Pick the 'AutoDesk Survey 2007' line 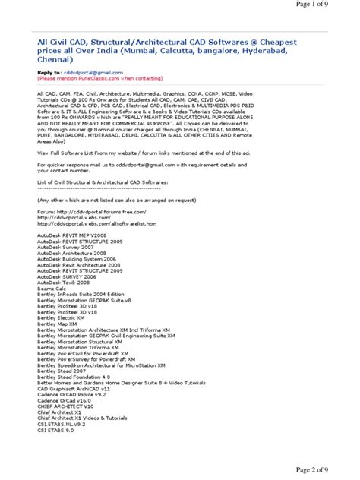(69, 250)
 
